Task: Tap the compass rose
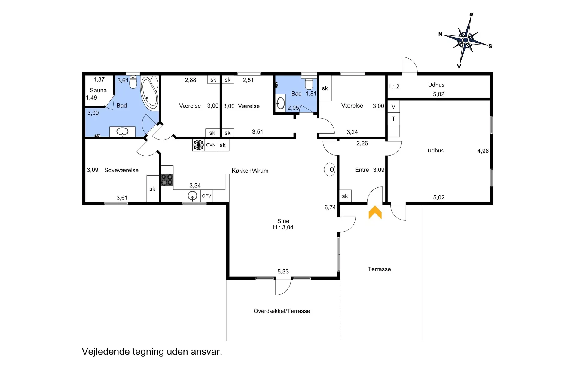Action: [466, 40]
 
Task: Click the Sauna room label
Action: [98, 90]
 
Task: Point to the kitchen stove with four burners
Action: [167, 180]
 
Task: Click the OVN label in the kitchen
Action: [211, 145]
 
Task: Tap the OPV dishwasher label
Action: [206, 196]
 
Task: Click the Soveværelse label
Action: [121, 170]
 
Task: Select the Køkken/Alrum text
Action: [250, 171]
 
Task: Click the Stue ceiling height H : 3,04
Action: [283, 227]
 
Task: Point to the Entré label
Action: [362, 170]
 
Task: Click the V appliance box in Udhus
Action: [393, 106]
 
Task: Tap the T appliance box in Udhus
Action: [393, 119]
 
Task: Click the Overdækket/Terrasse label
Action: [282, 311]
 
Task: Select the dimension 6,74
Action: [330, 207]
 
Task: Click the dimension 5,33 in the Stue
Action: [283, 272]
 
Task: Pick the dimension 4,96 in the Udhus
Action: [483, 151]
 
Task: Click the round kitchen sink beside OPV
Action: [192, 196]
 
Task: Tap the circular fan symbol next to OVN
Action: [198, 145]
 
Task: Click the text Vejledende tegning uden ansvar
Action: [152, 352]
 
